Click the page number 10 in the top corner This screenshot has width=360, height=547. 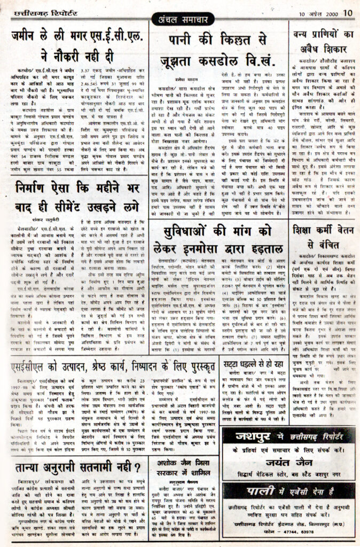(348, 13)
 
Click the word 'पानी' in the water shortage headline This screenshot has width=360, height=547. (185, 40)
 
